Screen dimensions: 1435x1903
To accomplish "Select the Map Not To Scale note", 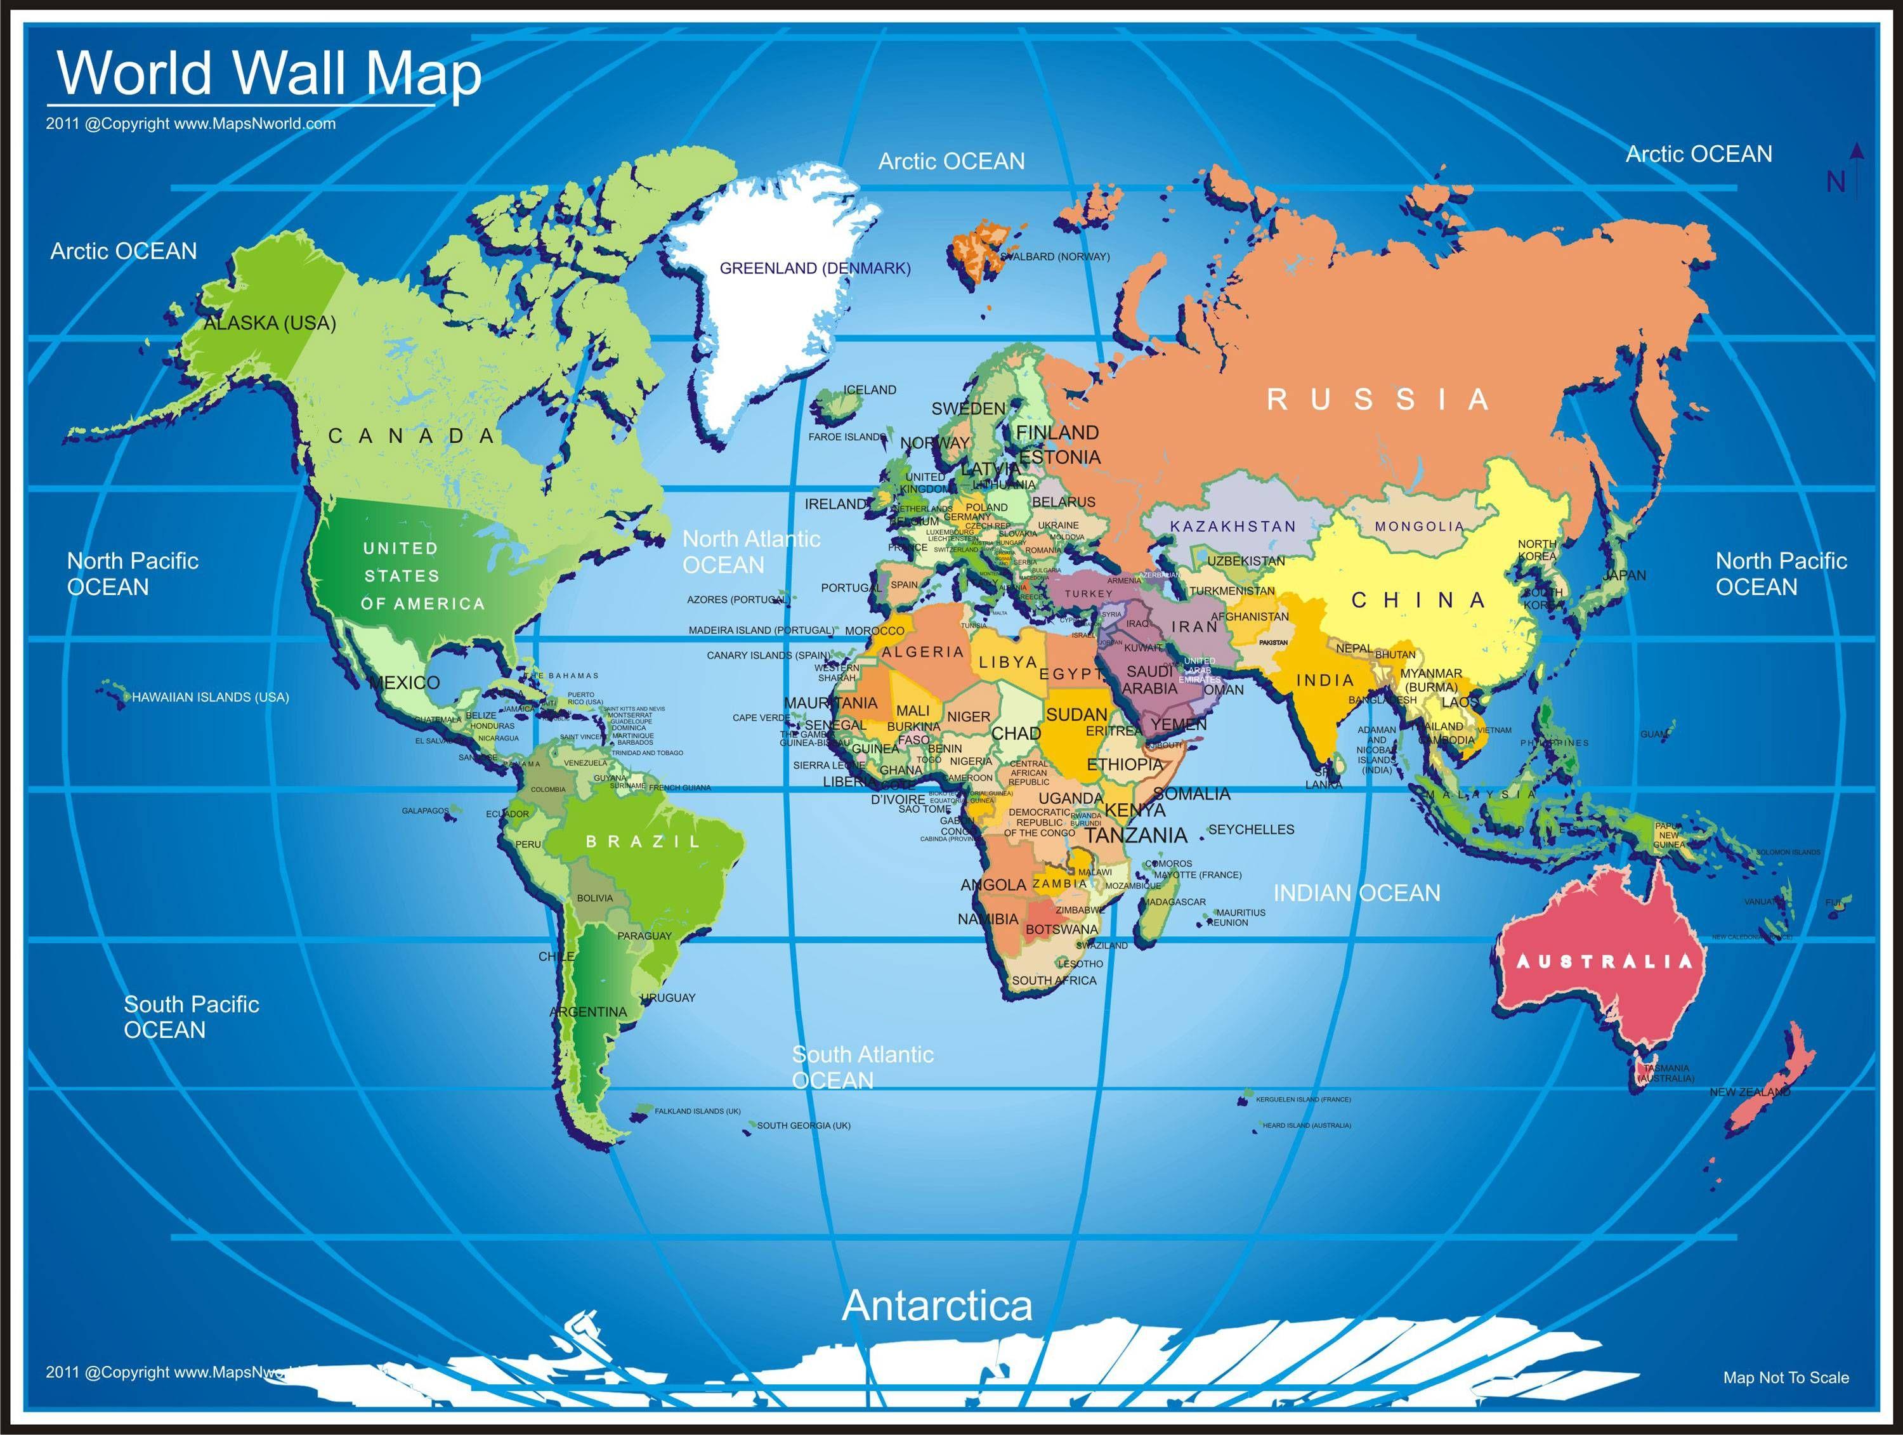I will point(1785,1377).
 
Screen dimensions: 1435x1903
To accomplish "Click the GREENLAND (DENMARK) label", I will point(814,268).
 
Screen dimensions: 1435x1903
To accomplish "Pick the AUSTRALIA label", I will point(1604,962).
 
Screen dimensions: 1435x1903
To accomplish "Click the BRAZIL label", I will point(643,841).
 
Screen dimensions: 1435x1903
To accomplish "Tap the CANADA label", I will point(412,436).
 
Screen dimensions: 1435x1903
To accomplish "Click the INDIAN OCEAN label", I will point(1357,894).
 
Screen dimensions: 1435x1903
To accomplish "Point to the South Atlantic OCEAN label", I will point(862,1067).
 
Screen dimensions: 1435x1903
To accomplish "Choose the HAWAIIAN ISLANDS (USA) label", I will point(210,697).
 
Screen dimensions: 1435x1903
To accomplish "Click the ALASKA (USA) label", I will point(270,324).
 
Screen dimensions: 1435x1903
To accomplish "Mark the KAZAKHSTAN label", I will point(1233,527).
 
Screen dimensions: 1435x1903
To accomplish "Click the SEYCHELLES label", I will point(1251,829).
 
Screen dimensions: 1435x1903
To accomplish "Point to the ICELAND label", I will point(870,390).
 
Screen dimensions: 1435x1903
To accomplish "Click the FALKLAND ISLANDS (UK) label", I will point(697,1111).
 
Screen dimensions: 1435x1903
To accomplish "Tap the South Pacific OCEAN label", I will point(191,1017).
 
